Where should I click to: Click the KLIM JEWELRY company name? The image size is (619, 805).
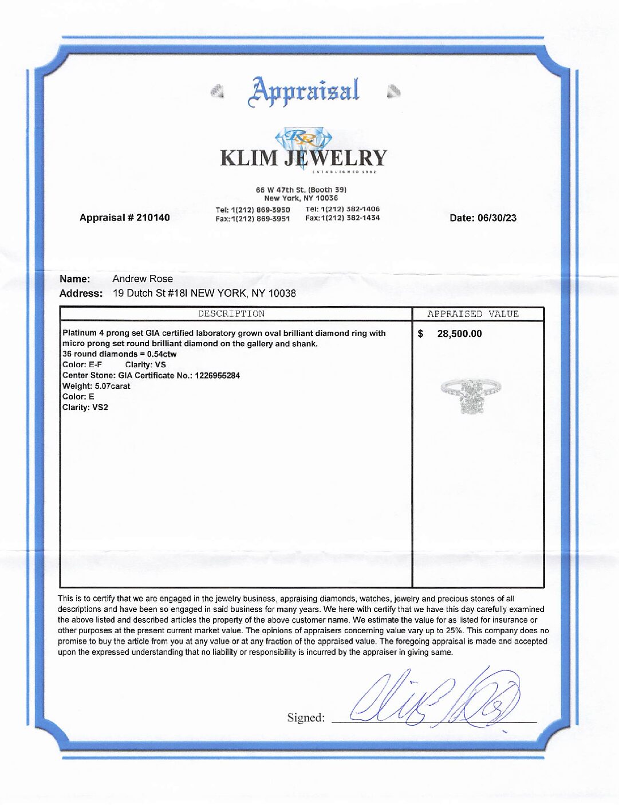tap(303, 158)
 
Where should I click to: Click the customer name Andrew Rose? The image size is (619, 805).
tap(143, 279)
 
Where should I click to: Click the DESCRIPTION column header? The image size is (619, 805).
tap(231, 314)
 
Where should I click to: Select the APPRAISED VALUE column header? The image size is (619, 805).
tap(473, 314)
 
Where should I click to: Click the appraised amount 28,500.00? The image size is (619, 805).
tap(459, 333)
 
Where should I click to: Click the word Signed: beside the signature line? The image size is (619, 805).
tap(305, 718)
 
